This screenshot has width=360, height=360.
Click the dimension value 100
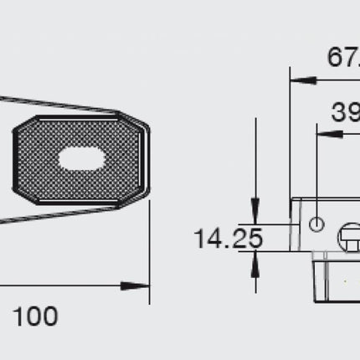click(x=35, y=316)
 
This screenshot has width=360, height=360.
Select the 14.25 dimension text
click(x=228, y=239)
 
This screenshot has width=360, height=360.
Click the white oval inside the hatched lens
click(x=82, y=160)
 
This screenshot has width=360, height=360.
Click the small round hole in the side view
click(x=316, y=225)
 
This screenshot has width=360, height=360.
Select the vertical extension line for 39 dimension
click(x=316, y=167)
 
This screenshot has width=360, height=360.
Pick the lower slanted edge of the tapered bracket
click(x=59, y=214)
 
